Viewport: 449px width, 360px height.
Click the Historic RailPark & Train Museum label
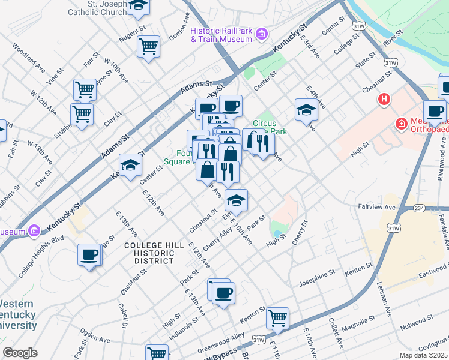[220, 35]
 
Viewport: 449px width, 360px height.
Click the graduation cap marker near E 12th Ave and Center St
[130, 164]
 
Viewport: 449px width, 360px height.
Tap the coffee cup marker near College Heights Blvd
[89, 254]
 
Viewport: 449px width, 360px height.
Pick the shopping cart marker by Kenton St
[277, 318]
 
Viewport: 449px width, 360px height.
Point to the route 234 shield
[420, 208]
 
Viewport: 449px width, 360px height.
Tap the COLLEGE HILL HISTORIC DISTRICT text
[149, 253]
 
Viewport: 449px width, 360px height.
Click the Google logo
[20, 352]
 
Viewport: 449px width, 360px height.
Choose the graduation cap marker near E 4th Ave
[306, 109]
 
